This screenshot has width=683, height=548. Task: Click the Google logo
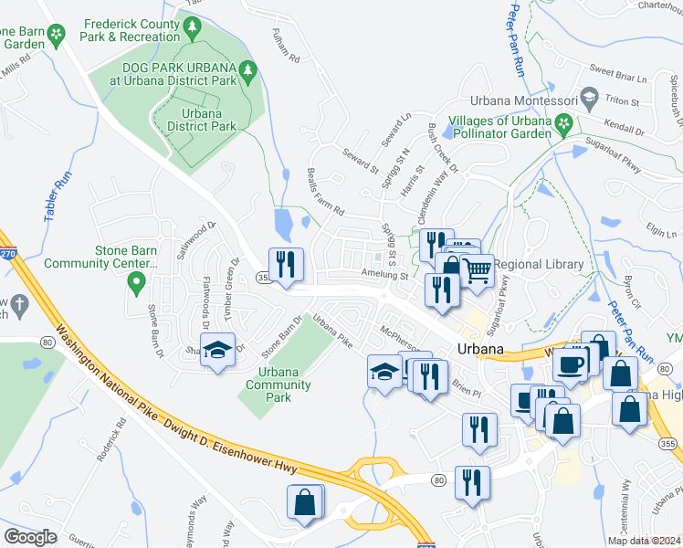(30, 537)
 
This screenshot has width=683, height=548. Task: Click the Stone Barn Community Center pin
(137, 284)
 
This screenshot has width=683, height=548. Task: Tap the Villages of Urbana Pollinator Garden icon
(564, 122)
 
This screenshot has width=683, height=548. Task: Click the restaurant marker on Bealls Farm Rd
(285, 265)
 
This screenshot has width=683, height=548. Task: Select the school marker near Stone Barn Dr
(218, 351)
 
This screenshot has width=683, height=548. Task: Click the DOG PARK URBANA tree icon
(247, 69)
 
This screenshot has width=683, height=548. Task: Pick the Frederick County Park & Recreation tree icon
(192, 29)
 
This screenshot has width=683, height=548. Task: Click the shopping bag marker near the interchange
(304, 502)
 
